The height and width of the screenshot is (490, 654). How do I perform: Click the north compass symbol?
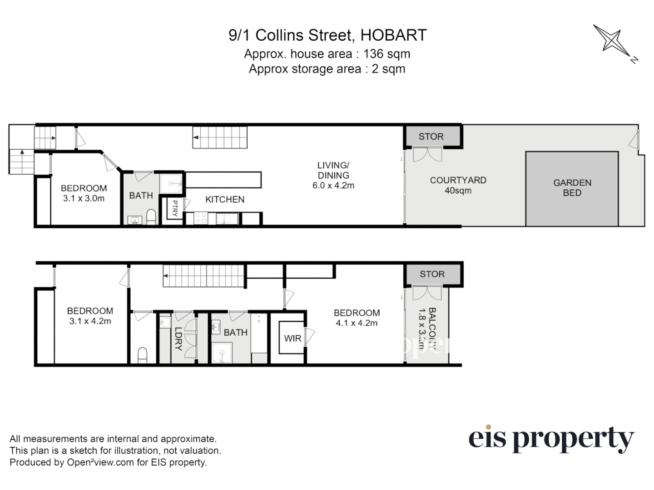click(614, 42)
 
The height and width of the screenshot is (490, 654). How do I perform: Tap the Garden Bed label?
click(572, 188)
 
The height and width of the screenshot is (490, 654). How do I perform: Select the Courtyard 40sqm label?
click(458, 185)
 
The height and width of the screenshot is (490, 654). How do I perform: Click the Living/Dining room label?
click(333, 175)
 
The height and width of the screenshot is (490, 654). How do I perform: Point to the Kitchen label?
click(224, 199)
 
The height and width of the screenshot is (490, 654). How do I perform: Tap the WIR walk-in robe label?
click(292, 338)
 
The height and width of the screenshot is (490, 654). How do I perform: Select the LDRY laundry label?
click(178, 338)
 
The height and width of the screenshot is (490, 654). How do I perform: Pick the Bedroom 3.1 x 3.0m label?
click(84, 193)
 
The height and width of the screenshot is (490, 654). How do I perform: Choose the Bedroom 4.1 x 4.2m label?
click(357, 318)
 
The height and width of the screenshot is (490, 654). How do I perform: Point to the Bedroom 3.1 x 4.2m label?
click(90, 316)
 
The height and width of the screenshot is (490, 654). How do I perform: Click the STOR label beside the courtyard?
click(431, 137)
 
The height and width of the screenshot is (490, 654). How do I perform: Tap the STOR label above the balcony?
click(432, 274)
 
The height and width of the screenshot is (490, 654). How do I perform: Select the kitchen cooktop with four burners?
click(200, 219)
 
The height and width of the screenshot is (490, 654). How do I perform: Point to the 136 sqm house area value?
click(386, 54)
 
